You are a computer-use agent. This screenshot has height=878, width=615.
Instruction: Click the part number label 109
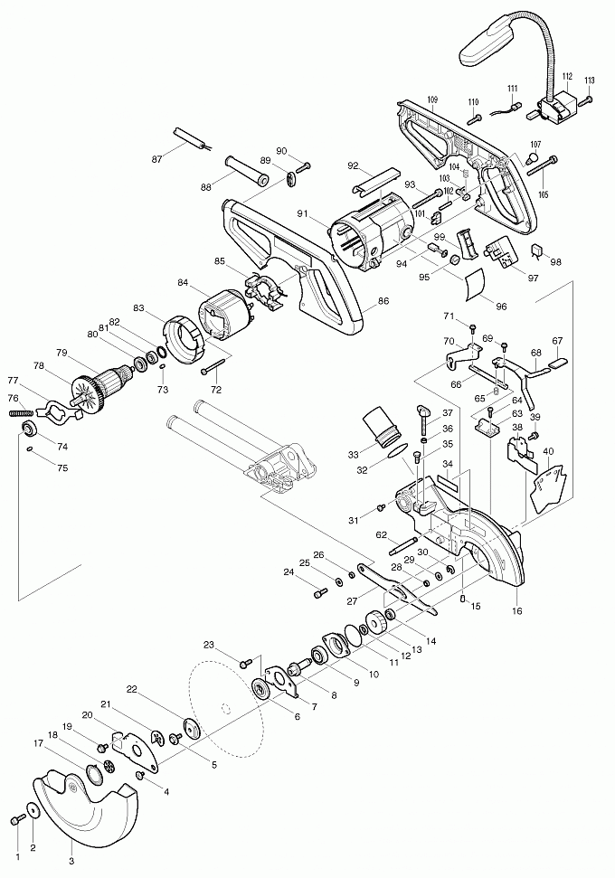(x=432, y=98)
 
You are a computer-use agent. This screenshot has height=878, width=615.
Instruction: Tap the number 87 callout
(x=156, y=159)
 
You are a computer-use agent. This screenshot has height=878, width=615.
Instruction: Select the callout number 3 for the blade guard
(x=71, y=860)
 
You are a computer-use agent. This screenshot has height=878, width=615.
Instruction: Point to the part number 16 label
(x=517, y=611)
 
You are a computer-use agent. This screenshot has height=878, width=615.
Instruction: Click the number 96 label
(x=501, y=307)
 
